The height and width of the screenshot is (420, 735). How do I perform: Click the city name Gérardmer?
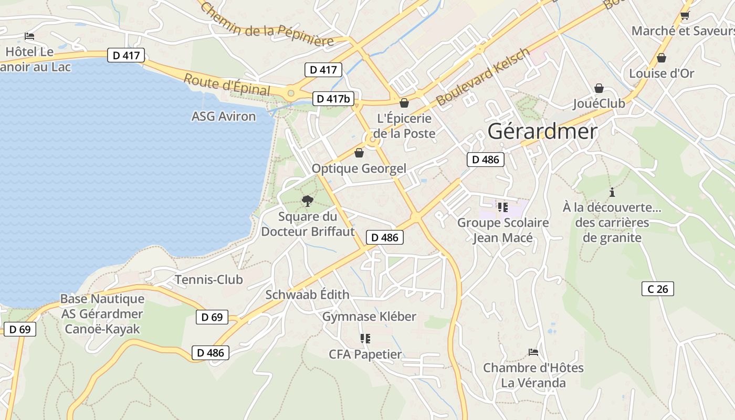542,131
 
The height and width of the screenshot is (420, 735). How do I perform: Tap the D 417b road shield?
333,98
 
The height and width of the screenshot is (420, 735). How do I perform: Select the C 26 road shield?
657,288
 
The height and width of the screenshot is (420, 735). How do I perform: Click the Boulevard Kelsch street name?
484,76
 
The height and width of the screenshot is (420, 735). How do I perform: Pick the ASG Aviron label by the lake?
224,116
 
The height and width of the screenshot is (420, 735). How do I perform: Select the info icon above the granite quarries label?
612,192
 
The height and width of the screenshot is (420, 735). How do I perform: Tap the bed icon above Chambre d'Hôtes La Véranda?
533,352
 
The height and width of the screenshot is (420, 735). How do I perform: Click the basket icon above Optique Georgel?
359,153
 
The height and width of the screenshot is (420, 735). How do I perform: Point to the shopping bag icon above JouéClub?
599,88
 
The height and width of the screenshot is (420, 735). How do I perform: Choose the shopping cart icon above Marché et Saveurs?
685,15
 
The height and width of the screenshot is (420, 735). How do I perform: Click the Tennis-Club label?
209,279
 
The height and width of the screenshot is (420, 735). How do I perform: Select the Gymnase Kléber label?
369,317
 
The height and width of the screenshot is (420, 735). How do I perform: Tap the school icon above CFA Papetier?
365,339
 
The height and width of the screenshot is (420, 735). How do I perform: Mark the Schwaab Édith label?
307,295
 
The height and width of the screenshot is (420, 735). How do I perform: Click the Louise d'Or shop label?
661,73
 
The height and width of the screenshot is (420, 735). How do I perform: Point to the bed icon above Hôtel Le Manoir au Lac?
29,36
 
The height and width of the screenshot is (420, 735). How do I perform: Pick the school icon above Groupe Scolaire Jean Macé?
503,207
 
